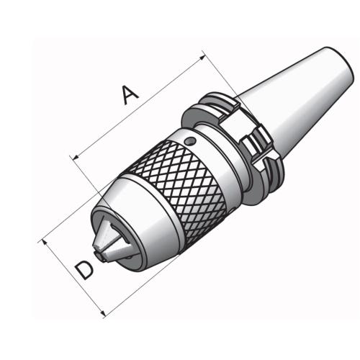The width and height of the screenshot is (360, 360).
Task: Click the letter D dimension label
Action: click(84, 270)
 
